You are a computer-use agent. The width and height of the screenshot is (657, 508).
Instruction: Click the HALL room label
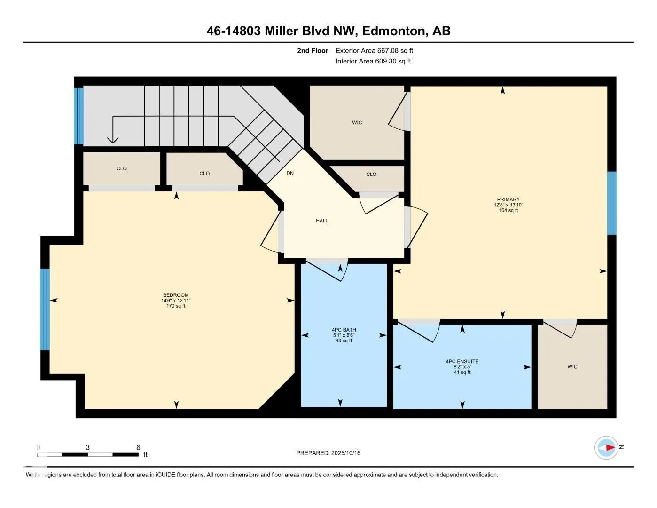(x=322, y=221)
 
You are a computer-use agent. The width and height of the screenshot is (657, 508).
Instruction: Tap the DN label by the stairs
(x=290, y=174)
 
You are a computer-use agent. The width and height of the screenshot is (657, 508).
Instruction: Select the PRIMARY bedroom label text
(x=508, y=200)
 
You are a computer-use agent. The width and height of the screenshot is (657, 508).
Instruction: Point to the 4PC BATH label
(x=344, y=330)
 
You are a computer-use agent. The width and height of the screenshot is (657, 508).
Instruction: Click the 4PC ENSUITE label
(x=462, y=361)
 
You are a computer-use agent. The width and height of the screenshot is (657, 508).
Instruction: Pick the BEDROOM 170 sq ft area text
(x=176, y=306)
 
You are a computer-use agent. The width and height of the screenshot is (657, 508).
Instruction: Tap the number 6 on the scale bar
(x=138, y=447)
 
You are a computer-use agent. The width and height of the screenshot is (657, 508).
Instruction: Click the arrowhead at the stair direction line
(x=113, y=140)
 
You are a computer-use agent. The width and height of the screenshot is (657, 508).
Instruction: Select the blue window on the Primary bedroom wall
(x=611, y=203)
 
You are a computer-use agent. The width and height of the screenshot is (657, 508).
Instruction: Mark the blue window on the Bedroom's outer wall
(x=45, y=310)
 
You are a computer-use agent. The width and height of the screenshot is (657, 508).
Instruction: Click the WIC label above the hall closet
(x=357, y=123)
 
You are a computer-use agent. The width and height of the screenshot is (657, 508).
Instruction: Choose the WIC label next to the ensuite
(x=572, y=367)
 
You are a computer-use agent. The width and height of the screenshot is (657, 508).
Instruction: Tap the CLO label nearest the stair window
(x=122, y=168)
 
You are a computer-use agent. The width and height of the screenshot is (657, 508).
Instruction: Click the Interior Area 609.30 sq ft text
(x=373, y=61)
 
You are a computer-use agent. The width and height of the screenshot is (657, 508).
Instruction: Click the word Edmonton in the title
(x=393, y=31)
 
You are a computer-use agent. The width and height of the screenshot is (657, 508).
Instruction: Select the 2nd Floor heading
(x=313, y=50)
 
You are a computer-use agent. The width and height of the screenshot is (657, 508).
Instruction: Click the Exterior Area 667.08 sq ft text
(x=374, y=50)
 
